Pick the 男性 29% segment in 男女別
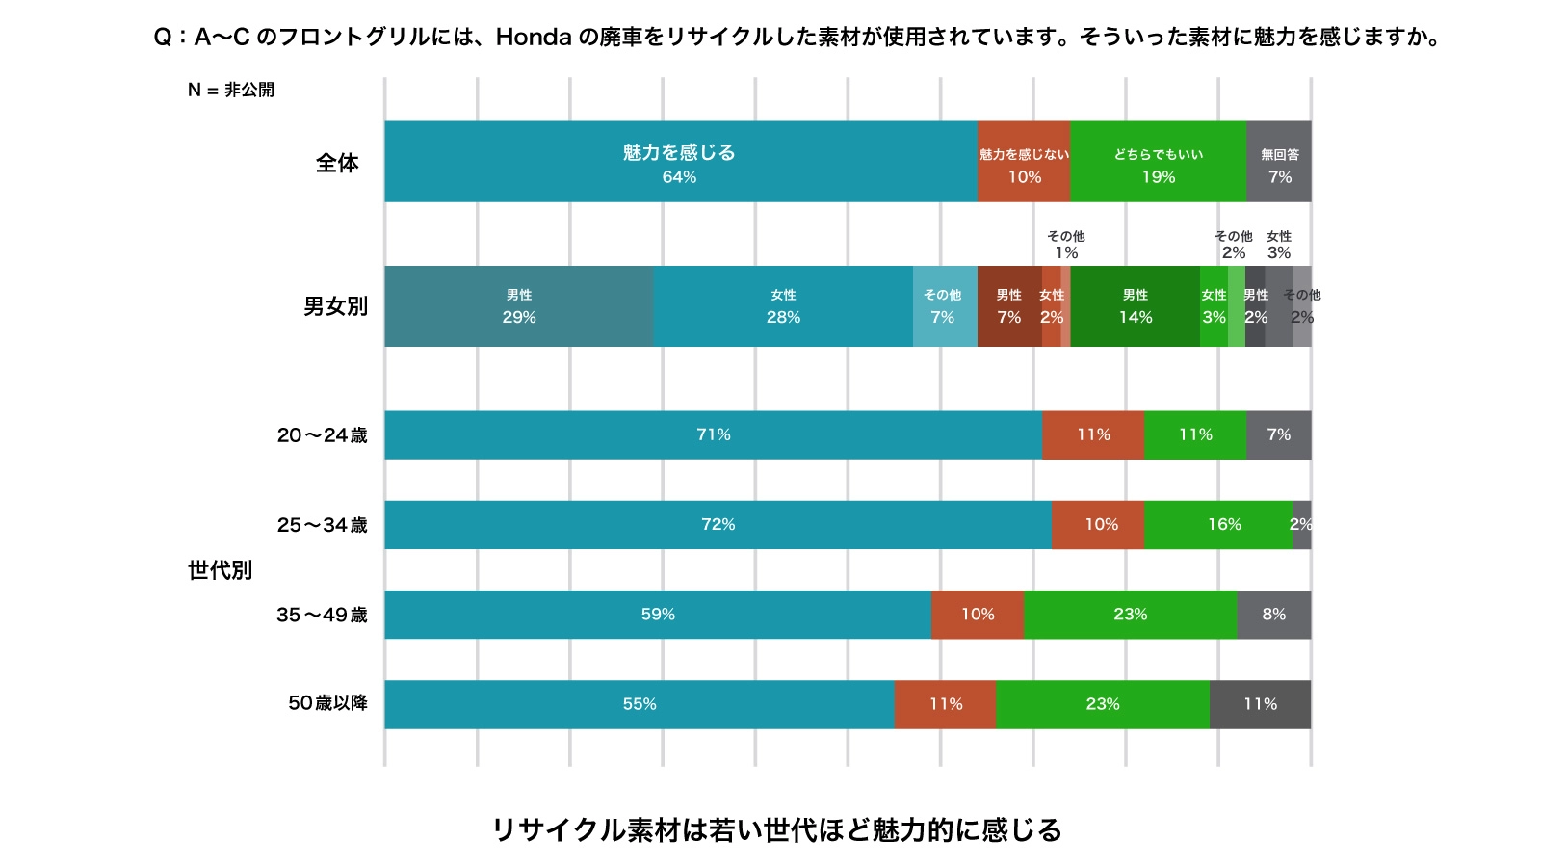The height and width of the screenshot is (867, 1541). pos(518,306)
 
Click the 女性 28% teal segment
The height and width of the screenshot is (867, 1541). pos(783,306)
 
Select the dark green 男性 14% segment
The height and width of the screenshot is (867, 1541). pos(1135,306)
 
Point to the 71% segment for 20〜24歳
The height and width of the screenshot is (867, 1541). pos(713,434)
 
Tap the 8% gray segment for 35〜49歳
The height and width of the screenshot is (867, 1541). pos(1273,615)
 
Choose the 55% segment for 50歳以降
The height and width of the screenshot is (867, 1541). pos(639,704)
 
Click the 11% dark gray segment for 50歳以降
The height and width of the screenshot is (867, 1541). pos(1260,704)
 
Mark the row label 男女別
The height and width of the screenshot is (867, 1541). pos(335,306)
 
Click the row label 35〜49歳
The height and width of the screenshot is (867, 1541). pos(322,615)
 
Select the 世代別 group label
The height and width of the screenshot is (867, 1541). pos(220,570)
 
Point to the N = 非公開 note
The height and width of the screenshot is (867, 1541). pos(231,90)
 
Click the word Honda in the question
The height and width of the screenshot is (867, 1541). pos(534,38)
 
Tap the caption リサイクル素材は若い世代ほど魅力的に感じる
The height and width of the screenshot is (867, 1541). pos(776,829)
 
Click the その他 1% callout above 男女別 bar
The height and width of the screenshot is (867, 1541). pos(1065,245)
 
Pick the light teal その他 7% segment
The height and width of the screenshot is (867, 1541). pos(944,306)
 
